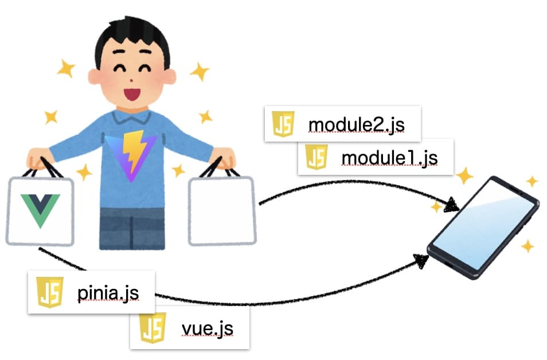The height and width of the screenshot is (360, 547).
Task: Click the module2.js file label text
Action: coord(356,124)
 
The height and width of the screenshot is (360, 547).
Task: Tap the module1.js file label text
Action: coord(389,157)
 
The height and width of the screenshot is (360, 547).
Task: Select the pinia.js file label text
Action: coord(108,294)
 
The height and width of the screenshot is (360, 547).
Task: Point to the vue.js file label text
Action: coord(207,329)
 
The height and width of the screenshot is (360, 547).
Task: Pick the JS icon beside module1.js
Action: coord(317,156)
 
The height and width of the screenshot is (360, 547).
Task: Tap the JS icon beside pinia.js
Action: coord(50,292)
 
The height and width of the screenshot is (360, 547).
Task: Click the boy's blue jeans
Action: coord(132,228)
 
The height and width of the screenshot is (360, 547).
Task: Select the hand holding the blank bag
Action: coord(222,157)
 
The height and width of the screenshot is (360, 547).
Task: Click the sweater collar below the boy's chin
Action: coord(132,118)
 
